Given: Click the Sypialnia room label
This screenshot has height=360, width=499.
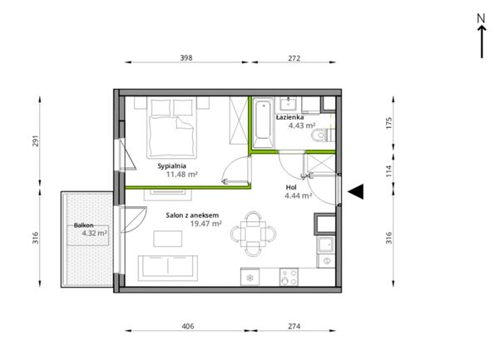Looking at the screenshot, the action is (172, 166).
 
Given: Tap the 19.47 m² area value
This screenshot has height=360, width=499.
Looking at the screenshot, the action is (206, 224).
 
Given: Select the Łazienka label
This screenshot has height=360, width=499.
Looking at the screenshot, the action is (290, 117).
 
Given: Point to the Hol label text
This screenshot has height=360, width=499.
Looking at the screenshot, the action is (291, 187).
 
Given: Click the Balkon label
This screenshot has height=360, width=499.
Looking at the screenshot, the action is (84, 225).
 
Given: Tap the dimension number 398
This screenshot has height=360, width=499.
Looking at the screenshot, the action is (186, 58).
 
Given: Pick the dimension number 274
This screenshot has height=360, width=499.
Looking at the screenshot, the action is (294, 326).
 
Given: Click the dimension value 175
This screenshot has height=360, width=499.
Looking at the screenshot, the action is (389, 123).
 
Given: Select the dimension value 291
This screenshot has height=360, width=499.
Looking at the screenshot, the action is (35, 141).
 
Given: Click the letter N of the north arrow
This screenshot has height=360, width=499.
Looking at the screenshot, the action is (482, 18).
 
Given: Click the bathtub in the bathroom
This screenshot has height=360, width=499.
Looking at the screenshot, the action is (263, 123).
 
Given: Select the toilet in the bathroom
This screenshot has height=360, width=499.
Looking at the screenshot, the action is (322, 136).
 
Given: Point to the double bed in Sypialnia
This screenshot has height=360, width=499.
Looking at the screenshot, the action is (171, 127).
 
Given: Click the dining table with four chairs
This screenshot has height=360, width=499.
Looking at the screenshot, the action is (254, 234).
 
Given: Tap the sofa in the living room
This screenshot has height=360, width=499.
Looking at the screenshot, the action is (168, 268).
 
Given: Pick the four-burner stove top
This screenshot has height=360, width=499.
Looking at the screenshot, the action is (289, 277).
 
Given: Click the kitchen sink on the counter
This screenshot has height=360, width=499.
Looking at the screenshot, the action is (325, 244).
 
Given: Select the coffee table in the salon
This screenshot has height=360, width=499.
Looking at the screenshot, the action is (168, 239).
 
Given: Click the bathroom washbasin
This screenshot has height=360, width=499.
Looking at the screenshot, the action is (289, 103).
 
